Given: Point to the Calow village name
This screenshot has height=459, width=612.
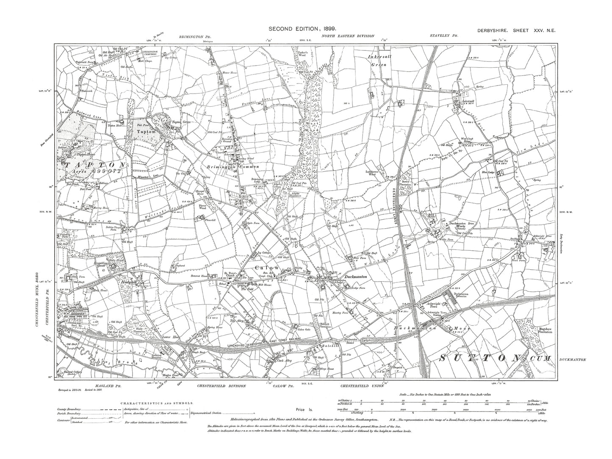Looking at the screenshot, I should click(267, 268).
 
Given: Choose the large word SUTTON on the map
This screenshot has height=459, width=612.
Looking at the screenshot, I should click(480, 358).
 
